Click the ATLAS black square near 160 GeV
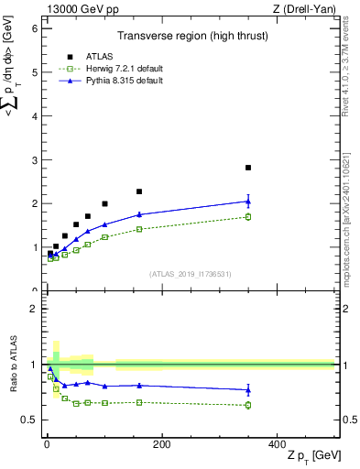pyautogui.click(x=139, y=191)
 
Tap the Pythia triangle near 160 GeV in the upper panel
pyautogui.click(x=139, y=214)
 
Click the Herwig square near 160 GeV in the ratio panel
pyautogui.click(x=139, y=402)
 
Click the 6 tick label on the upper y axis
pyautogui.click(x=33, y=28)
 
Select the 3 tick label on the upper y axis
pyautogui.click(x=33, y=160)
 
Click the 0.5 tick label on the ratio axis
pyautogui.click(x=29, y=420)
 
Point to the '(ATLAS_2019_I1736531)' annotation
pyautogui.click(x=190, y=274)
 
